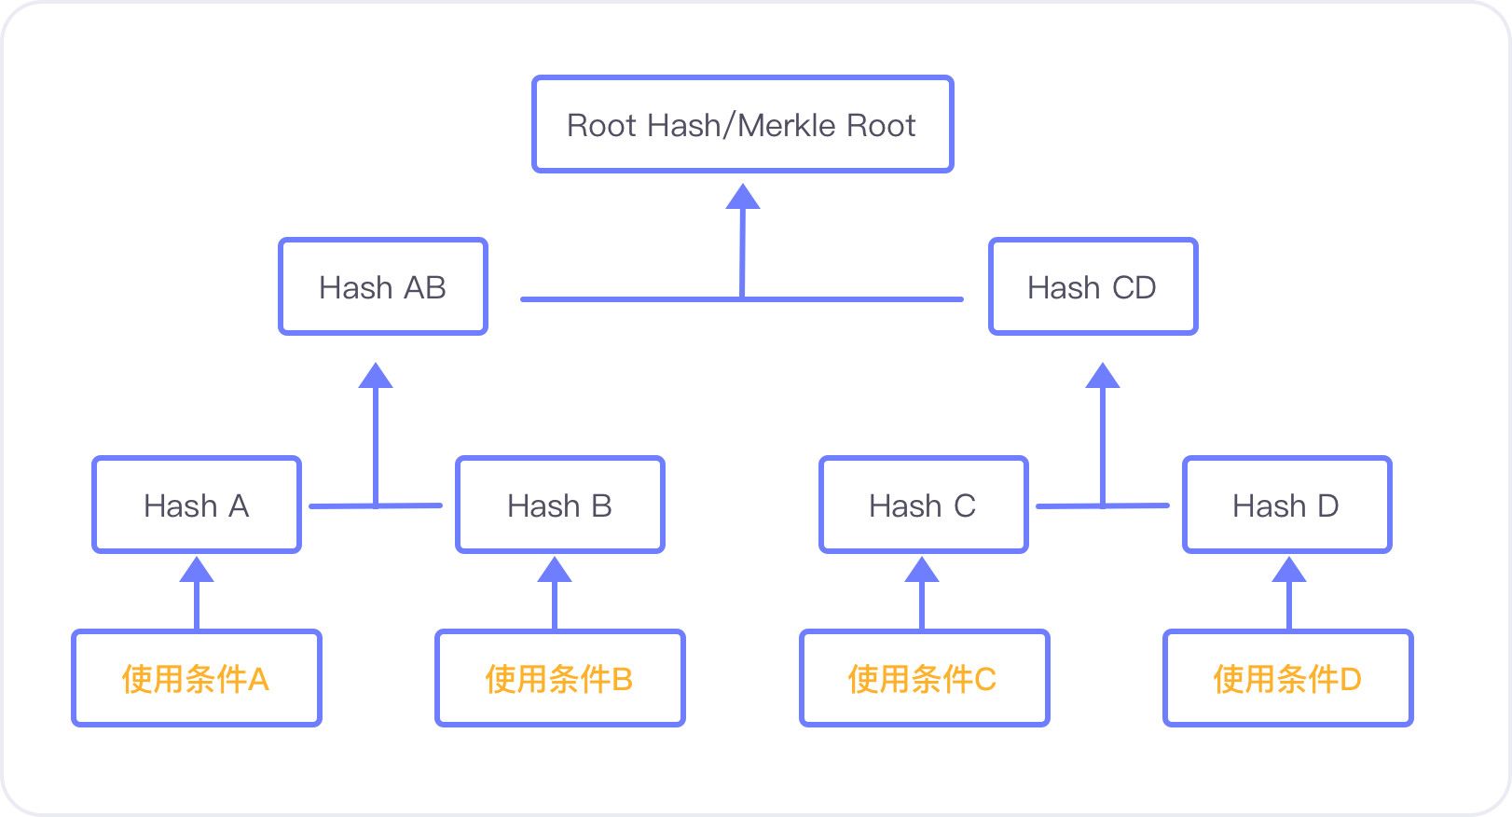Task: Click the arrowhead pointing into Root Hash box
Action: point(743,197)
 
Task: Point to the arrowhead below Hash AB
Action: point(376,376)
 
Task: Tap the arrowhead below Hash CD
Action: point(1102,376)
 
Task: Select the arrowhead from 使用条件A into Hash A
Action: point(197,569)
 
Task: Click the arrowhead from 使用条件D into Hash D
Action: point(1288,569)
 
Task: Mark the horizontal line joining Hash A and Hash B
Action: point(376,505)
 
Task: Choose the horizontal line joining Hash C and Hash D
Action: point(1102,505)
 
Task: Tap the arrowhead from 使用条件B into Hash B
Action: point(554,569)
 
